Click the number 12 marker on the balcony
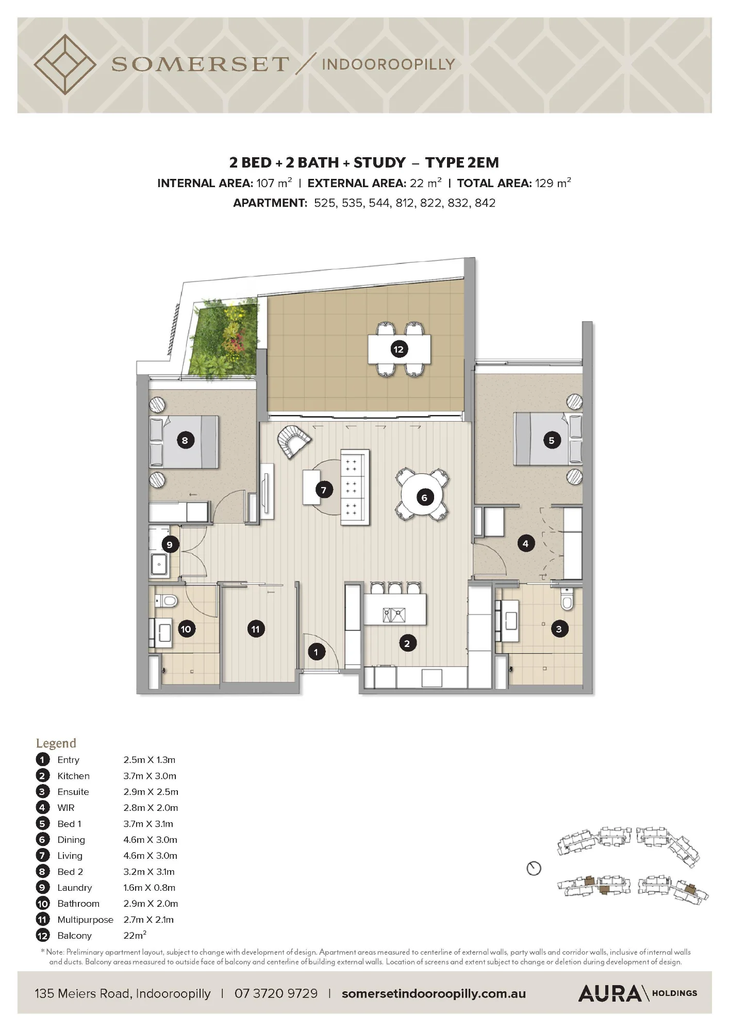coord(399,350)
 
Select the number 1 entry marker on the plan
coord(316,652)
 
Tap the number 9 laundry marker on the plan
coord(170,544)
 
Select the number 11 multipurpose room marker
coord(256,629)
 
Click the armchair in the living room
coord(294,441)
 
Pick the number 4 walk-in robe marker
coord(525,543)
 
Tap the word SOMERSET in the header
coord(200,64)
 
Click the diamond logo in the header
coord(64,64)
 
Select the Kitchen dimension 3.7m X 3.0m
coord(150,776)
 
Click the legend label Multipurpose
coord(85,920)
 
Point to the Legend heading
coord(56,743)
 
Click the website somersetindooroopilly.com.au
coord(434,993)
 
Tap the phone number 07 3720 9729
coord(276,993)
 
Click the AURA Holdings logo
coord(638,993)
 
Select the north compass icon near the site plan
coord(534,869)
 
